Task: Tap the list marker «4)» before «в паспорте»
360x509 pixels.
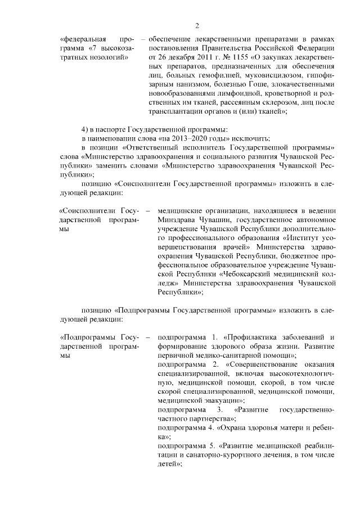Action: (85, 130)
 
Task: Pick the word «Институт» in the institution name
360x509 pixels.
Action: (301, 238)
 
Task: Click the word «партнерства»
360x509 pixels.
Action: (201, 418)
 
